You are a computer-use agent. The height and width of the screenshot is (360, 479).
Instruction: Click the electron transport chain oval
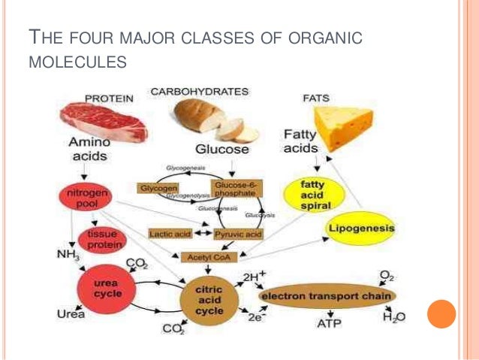click(x=327, y=296)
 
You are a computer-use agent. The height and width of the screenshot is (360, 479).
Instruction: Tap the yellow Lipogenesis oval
click(x=361, y=227)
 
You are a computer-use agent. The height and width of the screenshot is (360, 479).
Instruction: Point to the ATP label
click(x=326, y=324)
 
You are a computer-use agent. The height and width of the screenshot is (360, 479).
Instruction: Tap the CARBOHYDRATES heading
click(x=199, y=92)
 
